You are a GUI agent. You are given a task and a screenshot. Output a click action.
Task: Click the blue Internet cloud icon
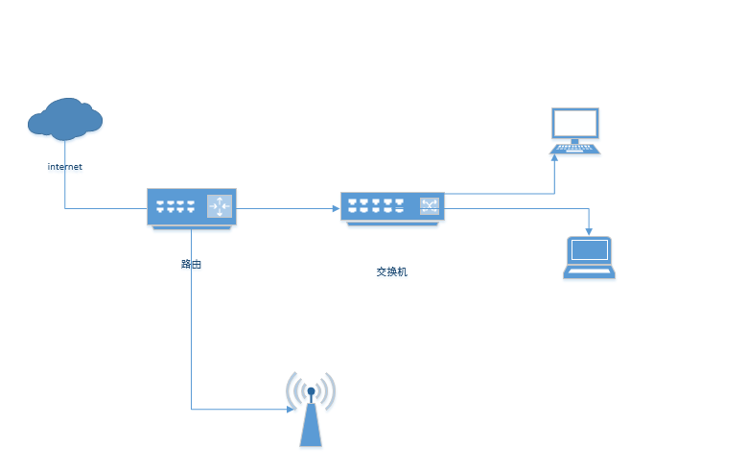click(x=65, y=119)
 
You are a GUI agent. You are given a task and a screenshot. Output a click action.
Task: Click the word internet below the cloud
click(x=65, y=167)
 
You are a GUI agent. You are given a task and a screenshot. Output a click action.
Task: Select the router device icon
click(x=192, y=207)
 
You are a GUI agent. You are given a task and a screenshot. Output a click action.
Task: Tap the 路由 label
click(x=191, y=264)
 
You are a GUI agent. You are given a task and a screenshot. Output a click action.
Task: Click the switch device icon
click(x=392, y=207)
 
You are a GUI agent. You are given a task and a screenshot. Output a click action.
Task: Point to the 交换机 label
click(x=391, y=271)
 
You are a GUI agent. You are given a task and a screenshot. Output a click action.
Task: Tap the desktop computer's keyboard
click(x=574, y=149)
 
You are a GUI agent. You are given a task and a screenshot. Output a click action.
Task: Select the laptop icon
click(x=588, y=256)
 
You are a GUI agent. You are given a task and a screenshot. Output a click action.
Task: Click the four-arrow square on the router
click(x=220, y=205)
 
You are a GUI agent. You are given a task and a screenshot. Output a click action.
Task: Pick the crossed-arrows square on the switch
click(x=429, y=205)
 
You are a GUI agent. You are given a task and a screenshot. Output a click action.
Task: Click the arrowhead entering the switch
click(x=337, y=207)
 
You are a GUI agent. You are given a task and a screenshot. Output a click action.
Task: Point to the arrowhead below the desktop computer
click(x=555, y=157)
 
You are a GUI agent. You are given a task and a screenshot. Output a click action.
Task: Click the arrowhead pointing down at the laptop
click(x=588, y=230)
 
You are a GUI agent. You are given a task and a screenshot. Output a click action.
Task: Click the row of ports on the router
click(x=175, y=206)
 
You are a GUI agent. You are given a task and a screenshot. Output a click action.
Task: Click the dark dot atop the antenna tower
click(x=311, y=390)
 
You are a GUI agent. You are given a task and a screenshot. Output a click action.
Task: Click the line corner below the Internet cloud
click(x=65, y=207)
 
